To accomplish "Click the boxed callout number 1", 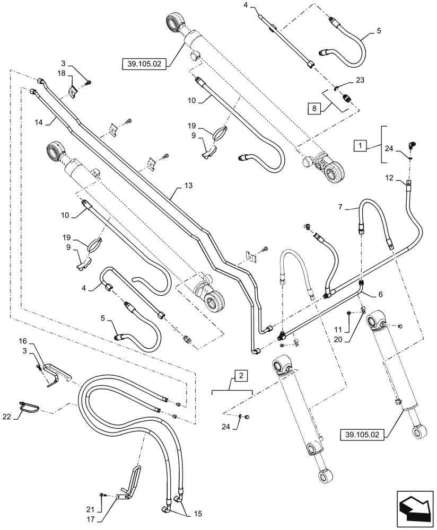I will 361,145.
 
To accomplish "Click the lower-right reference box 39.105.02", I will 361,436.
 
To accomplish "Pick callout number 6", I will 380,293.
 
